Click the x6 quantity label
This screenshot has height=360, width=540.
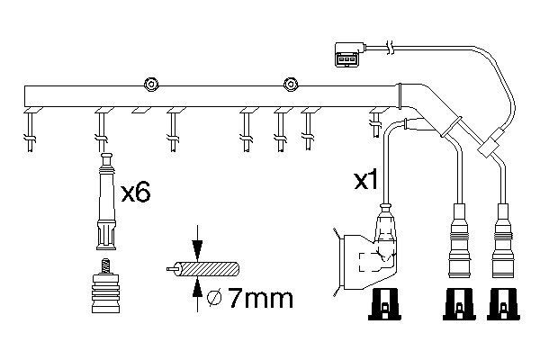[134, 191]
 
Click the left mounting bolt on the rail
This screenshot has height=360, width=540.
[151, 85]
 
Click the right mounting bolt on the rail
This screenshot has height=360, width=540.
[290, 85]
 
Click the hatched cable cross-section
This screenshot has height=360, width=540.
[211, 268]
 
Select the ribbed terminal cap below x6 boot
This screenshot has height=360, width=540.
[106, 288]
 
